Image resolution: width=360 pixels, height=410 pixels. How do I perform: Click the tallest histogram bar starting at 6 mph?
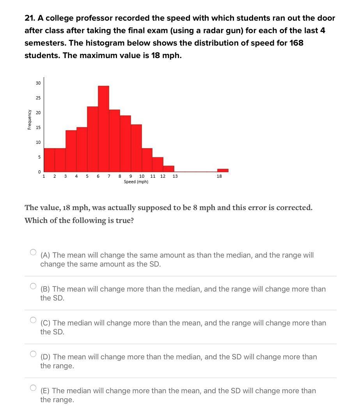103,129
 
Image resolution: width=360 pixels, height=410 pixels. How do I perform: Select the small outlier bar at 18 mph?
223,170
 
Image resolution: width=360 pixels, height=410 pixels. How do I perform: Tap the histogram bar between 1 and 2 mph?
49,160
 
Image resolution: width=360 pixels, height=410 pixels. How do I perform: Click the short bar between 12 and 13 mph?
168,169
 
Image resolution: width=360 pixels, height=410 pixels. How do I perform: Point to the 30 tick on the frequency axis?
38,83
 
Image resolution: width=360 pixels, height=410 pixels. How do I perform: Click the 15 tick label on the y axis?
38,127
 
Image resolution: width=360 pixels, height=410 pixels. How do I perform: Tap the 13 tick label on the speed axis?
175,176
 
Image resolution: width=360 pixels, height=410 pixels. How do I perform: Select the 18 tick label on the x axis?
219,176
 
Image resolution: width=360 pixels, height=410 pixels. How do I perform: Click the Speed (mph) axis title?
136,182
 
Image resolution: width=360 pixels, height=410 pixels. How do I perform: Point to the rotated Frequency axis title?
30,119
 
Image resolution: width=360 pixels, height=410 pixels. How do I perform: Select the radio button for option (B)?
33,286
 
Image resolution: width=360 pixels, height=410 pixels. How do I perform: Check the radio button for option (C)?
33,320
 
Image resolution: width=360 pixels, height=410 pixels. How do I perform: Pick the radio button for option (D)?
33,354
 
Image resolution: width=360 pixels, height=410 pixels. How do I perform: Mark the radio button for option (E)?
33,388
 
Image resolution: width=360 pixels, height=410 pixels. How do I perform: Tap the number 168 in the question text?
296,43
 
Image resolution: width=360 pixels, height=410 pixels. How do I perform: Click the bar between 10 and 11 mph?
147,160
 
